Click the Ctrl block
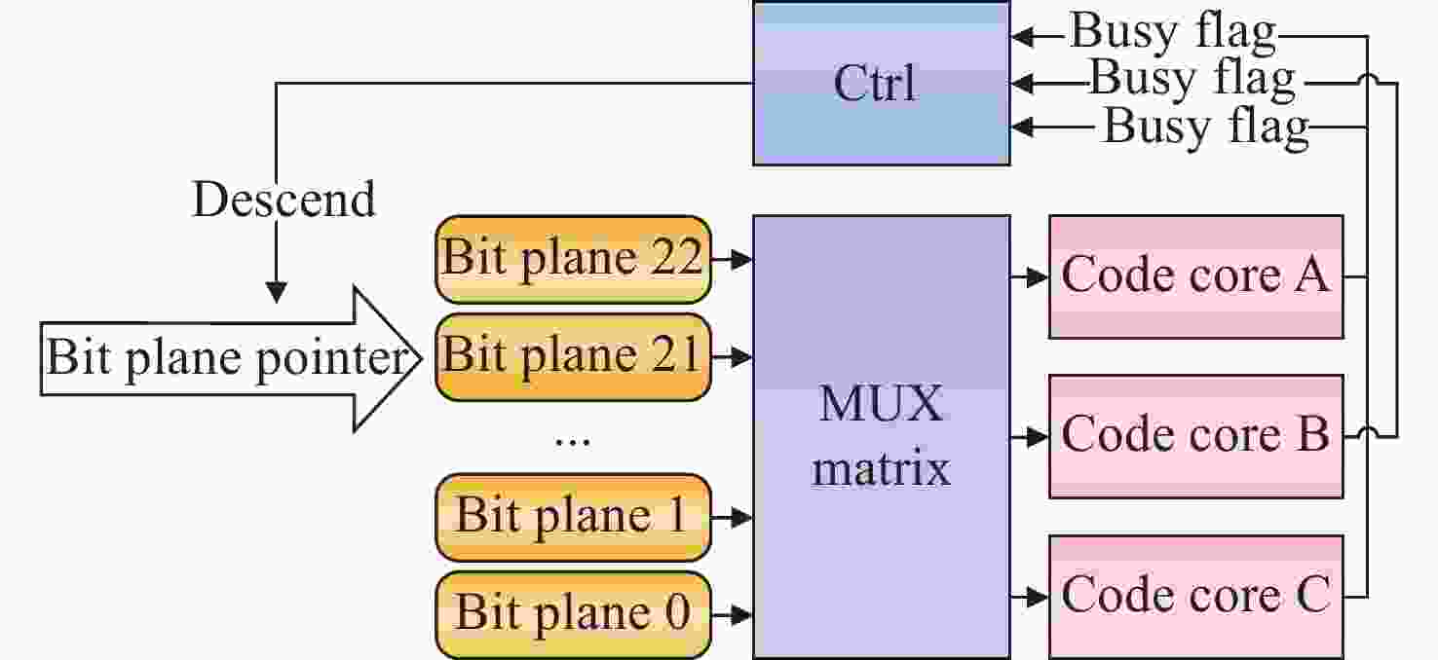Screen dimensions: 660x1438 [881, 83]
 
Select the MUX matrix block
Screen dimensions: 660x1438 [881, 436]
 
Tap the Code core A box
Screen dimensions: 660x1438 [1195, 276]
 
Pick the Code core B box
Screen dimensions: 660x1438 [1195, 435]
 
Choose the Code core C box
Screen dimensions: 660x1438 [1195, 596]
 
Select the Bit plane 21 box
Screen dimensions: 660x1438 [573, 356]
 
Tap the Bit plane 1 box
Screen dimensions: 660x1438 [573, 517]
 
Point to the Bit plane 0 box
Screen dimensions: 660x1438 [573, 614]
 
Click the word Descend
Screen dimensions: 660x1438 [284, 200]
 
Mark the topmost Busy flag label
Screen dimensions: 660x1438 [1173, 33]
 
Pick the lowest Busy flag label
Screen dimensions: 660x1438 [1205, 127]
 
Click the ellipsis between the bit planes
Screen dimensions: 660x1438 [572, 441]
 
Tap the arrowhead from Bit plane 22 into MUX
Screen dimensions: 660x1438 [742, 260]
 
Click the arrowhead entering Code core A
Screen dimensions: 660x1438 [1038, 277]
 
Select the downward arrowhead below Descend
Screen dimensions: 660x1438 [277, 293]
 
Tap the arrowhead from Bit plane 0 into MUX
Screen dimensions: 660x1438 [742, 615]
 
